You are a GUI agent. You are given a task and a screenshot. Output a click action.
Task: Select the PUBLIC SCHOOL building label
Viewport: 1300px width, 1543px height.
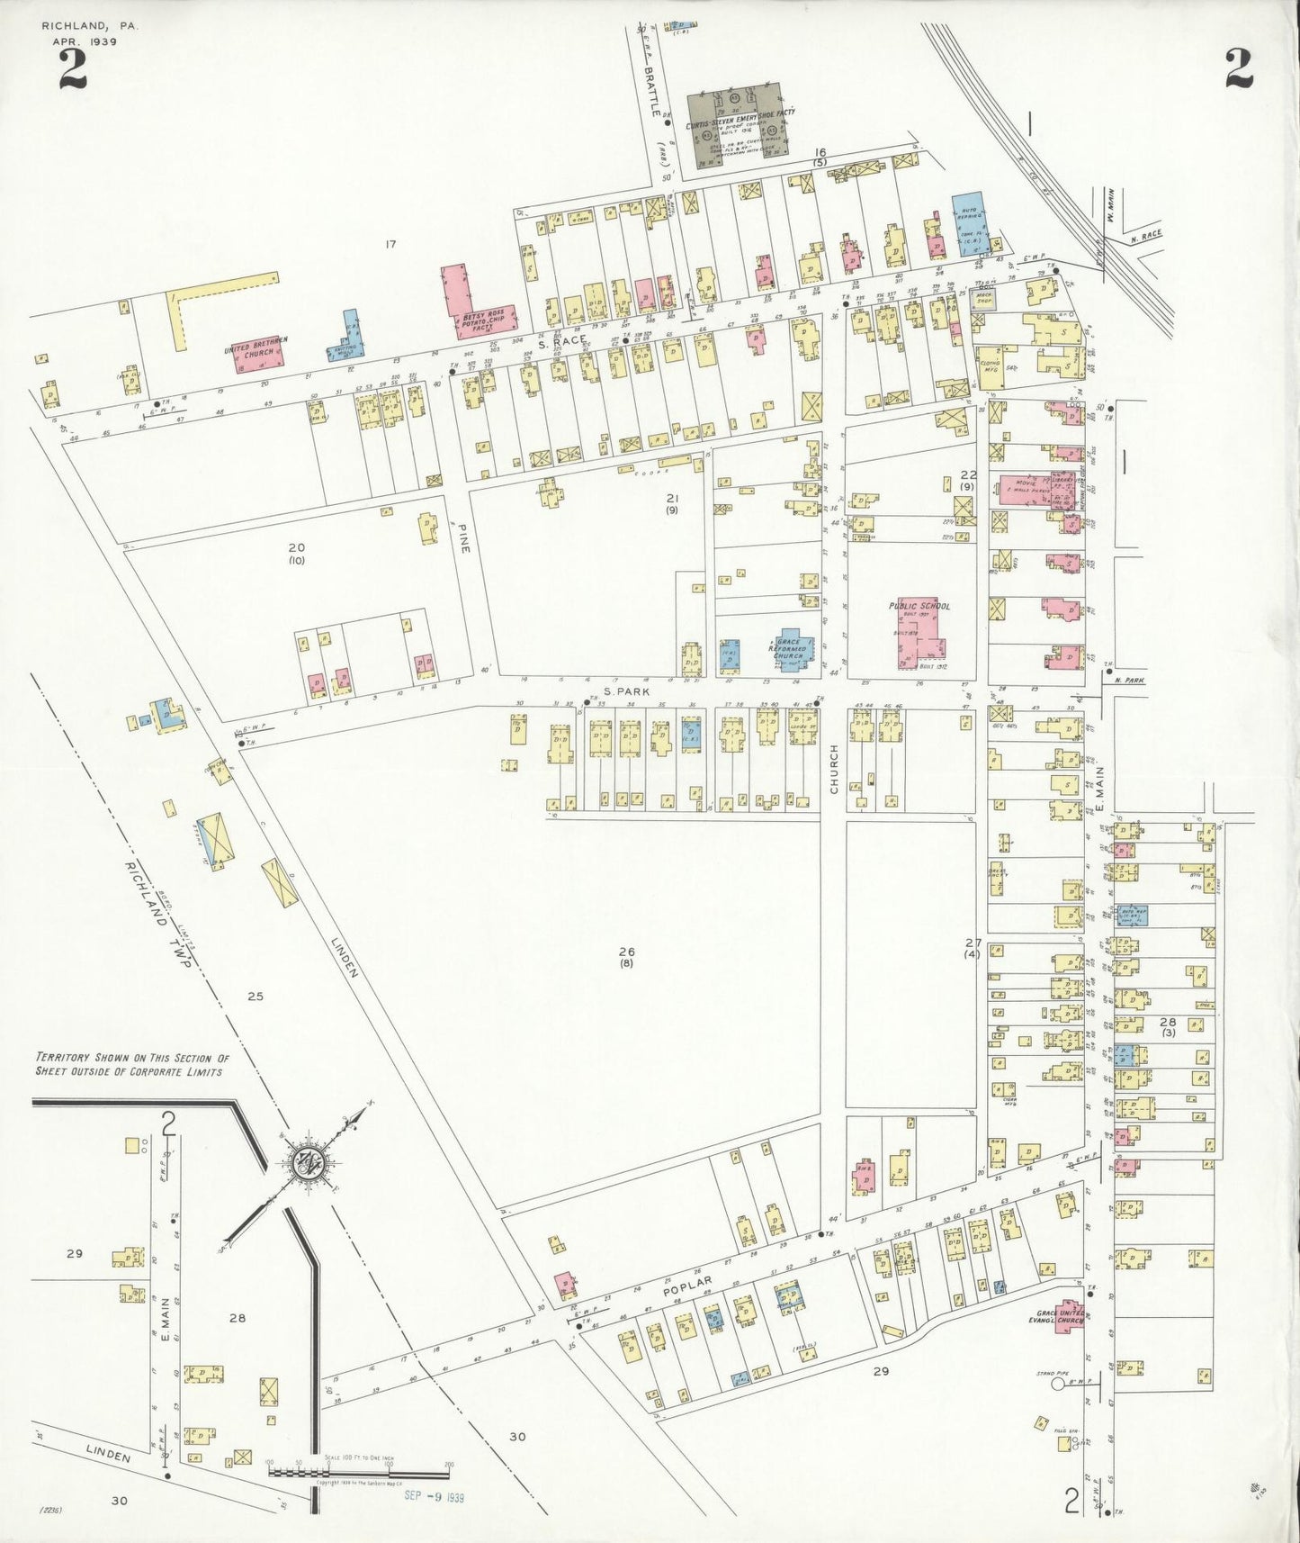tap(919, 606)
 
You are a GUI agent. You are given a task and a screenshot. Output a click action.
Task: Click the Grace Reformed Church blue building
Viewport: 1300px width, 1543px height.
tap(791, 650)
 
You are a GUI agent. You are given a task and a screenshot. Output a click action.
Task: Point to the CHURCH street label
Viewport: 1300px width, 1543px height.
tap(834, 769)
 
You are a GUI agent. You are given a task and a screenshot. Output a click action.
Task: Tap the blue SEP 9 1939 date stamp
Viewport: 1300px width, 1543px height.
tap(434, 1496)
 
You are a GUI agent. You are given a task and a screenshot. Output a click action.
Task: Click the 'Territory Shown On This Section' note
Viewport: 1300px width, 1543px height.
tap(131, 1065)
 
